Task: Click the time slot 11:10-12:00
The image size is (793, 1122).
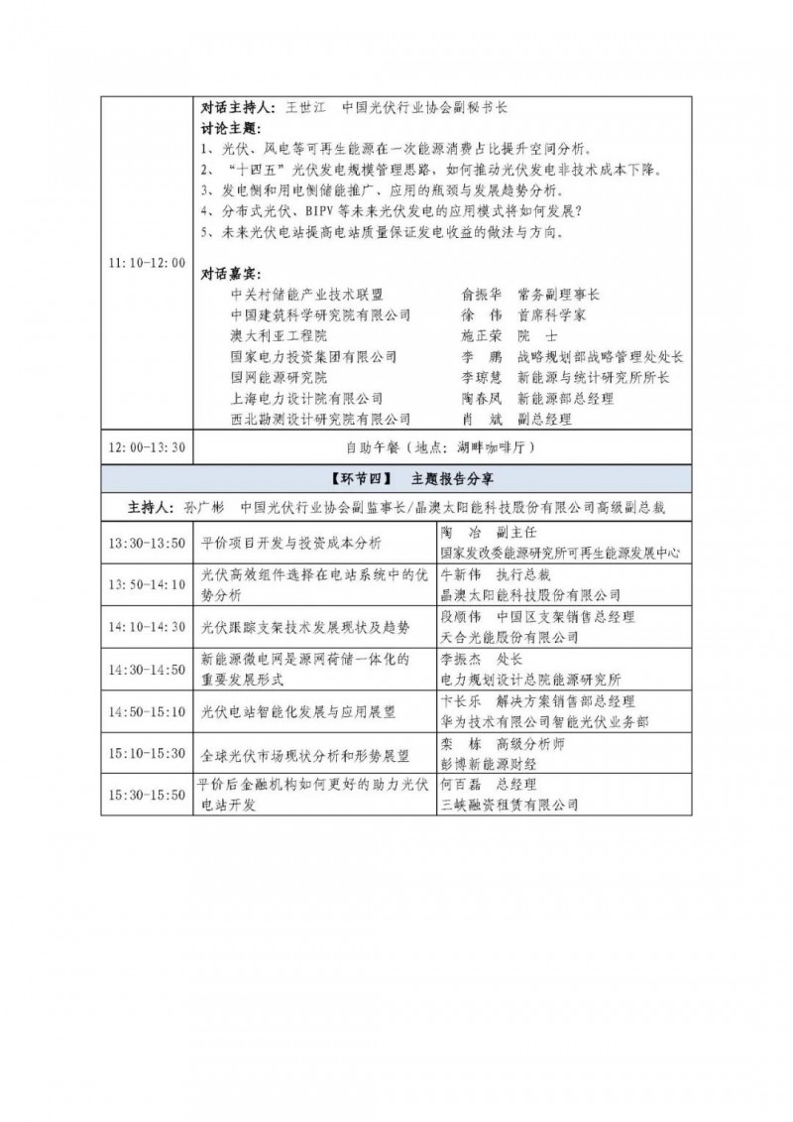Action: (147, 263)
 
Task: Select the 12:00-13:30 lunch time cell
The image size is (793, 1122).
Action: (147, 448)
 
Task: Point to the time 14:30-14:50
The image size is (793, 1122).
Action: (147, 669)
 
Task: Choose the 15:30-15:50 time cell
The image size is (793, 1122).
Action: (147, 795)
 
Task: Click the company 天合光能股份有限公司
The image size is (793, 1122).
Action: (496, 637)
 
